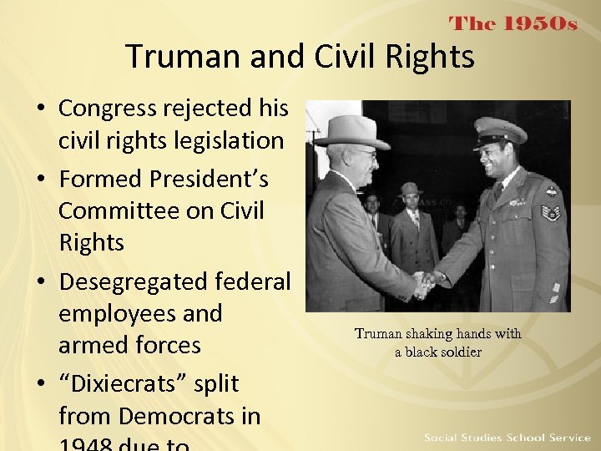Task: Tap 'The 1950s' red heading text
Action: [513, 23]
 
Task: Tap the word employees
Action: [140, 313]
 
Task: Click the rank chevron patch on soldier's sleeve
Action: [550, 212]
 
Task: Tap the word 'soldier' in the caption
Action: [461, 352]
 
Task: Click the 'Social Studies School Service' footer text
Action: [507, 438]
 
